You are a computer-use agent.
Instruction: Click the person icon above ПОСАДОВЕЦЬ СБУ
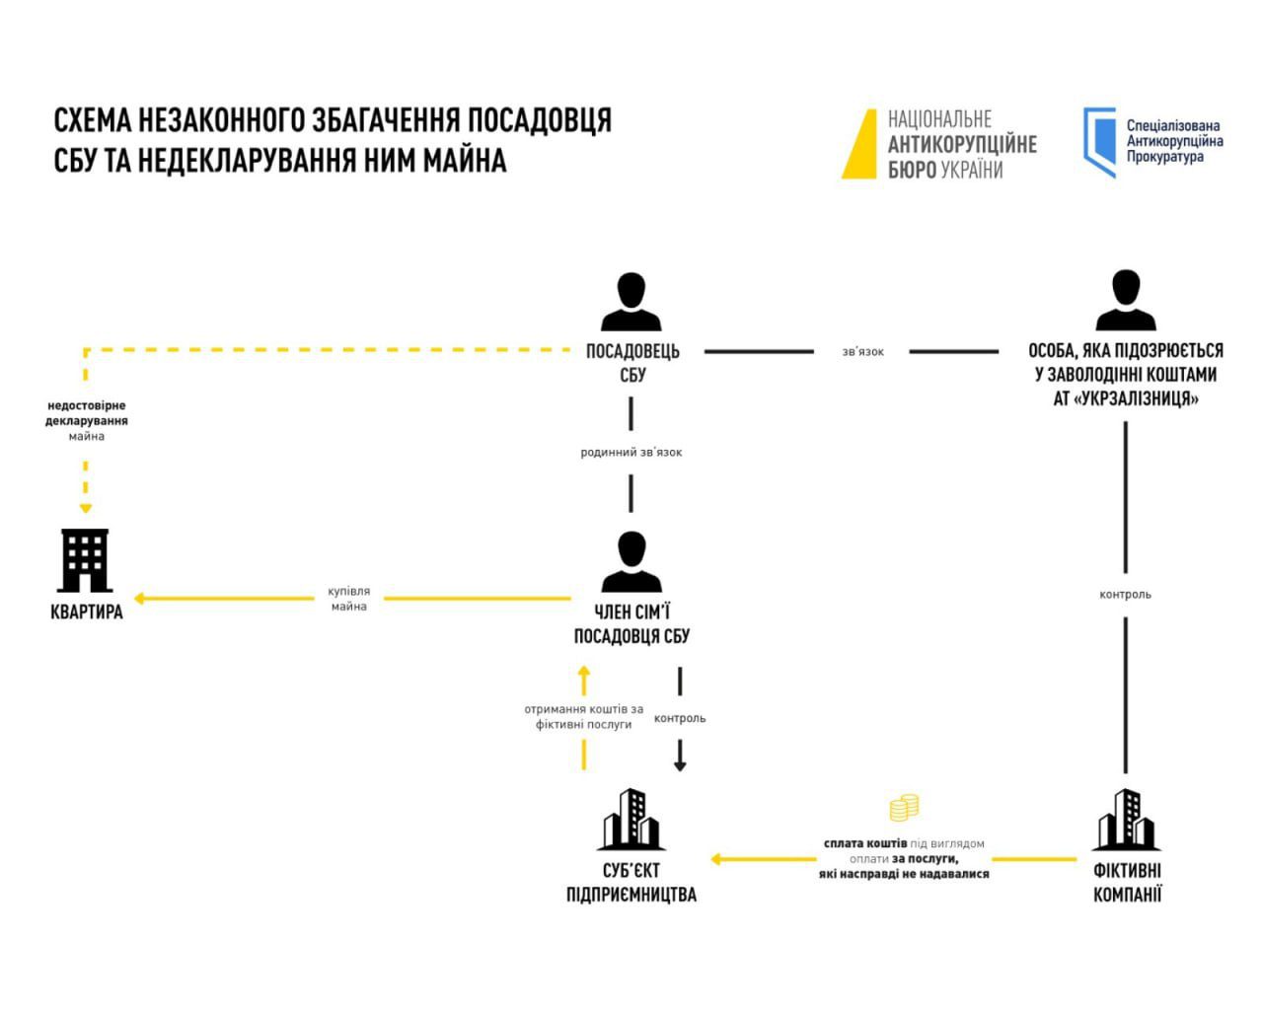(631, 302)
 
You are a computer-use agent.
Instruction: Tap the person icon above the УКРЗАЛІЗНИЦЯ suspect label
(1126, 301)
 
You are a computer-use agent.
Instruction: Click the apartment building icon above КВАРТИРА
(86, 559)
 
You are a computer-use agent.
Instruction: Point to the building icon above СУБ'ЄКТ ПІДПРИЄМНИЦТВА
(631, 820)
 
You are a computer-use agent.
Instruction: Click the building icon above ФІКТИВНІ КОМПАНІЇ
(1126, 820)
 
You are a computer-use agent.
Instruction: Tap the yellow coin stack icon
(904, 808)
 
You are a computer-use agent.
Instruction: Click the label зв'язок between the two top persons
(862, 351)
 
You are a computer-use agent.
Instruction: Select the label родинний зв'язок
(631, 453)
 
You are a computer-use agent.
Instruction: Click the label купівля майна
(349, 599)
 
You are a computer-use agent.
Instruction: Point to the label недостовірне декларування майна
(87, 420)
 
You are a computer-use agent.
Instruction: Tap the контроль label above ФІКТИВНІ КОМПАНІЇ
(1126, 595)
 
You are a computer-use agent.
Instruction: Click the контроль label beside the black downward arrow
(680, 718)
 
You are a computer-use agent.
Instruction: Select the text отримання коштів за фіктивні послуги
(583, 716)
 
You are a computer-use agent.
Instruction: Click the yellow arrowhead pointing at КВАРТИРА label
(139, 598)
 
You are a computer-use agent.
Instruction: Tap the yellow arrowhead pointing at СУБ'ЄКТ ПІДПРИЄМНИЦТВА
(715, 859)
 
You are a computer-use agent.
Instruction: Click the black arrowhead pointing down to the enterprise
(680, 764)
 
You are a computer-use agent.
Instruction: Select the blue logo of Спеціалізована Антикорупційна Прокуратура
(1099, 142)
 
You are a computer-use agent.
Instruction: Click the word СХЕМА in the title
(92, 120)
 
